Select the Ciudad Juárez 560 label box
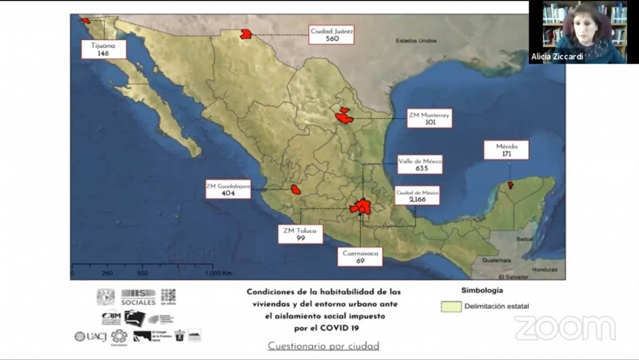[x=331, y=34]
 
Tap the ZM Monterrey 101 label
[x=429, y=118]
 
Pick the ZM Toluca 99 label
[x=300, y=234]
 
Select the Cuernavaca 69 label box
[x=359, y=256]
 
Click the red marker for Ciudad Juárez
[x=246, y=34]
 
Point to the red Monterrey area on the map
[x=345, y=116]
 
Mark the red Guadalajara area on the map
[x=296, y=190]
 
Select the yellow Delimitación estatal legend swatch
[x=452, y=306]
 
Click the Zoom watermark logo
[x=565, y=327]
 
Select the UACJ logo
[x=92, y=336]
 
